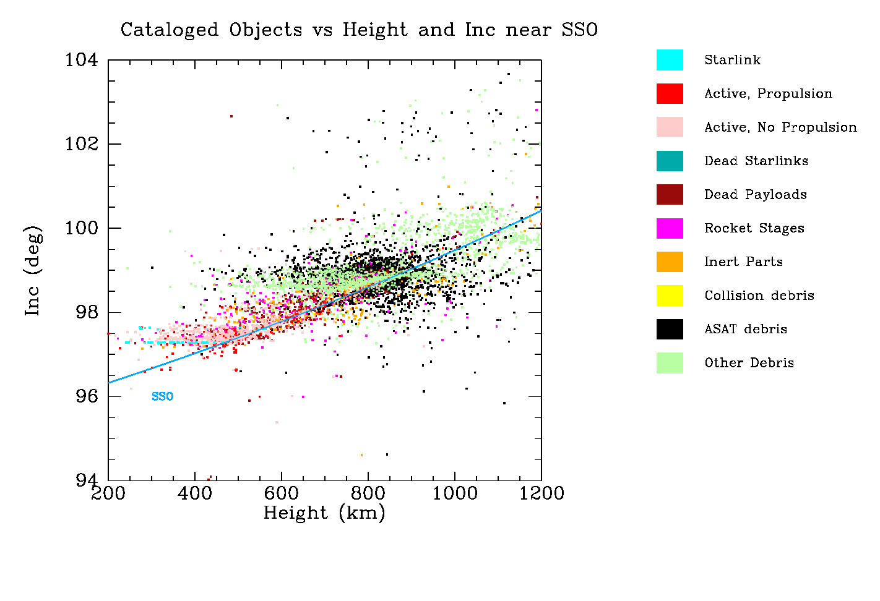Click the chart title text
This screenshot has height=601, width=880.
[359, 30]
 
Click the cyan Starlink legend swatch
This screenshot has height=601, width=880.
[670, 60]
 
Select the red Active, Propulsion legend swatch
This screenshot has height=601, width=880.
[670, 93]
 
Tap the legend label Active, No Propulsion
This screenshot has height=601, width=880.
[780, 127]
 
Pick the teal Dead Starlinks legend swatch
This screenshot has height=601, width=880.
[670, 161]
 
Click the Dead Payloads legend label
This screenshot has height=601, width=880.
[755, 195]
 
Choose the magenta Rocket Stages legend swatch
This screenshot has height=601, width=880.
[670, 228]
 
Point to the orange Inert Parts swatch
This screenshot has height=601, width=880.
[670, 262]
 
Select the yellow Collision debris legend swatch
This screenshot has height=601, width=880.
[670, 296]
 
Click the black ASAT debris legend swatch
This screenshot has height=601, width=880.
[670, 329]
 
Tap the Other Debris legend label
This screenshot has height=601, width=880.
[749, 363]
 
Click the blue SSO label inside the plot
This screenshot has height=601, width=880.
[162, 396]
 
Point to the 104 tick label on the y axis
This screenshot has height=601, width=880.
[82, 60]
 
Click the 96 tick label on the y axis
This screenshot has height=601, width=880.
[87, 396]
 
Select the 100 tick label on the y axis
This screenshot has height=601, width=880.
[82, 228]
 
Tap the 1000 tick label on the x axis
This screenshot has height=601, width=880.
[455, 493]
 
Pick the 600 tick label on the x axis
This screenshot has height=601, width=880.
[282, 493]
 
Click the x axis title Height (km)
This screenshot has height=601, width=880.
[324, 513]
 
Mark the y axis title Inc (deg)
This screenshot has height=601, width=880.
[33, 271]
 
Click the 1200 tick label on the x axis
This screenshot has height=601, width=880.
[541, 493]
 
